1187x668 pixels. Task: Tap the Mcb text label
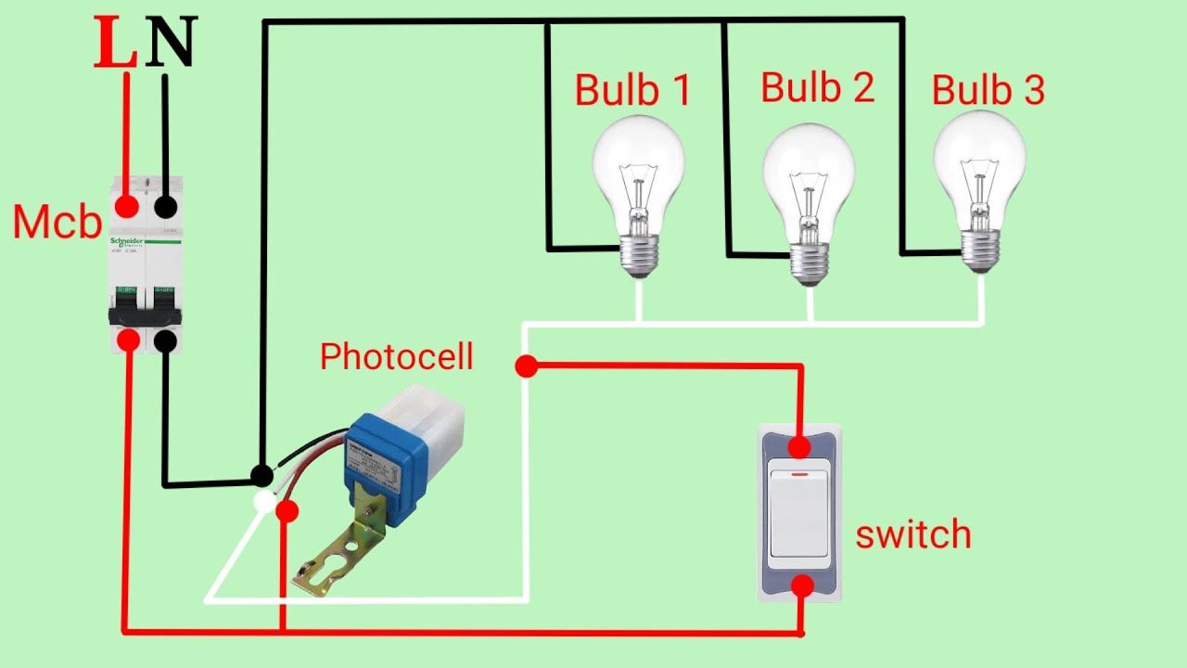(x=57, y=223)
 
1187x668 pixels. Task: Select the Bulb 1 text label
(x=632, y=90)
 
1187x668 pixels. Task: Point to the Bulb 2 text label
(x=817, y=86)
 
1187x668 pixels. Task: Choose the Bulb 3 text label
(x=988, y=90)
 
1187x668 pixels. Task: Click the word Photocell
(x=396, y=357)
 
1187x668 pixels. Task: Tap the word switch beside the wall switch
(x=913, y=535)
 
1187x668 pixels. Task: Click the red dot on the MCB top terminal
(x=127, y=205)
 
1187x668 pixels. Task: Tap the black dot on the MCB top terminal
(x=166, y=205)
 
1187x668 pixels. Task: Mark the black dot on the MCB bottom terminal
(x=166, y=340)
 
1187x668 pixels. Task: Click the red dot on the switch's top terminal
(x=799, y=449)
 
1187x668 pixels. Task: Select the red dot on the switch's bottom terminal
(x=802, y=585)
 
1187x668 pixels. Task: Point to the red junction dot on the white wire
(x=526, y=366)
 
